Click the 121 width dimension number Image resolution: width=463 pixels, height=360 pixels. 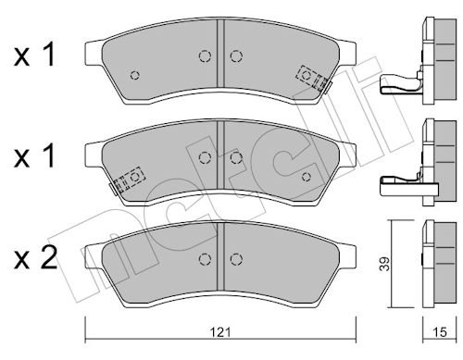click(220, 332)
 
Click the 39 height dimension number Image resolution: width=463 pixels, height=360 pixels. click(384, 264)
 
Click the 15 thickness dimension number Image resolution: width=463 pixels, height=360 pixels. click(440, 332)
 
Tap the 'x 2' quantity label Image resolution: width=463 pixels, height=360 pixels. click(35, 259)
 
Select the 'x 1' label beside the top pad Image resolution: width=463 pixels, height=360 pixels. click(34, 56)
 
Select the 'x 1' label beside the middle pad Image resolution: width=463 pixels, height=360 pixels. click(34, 156)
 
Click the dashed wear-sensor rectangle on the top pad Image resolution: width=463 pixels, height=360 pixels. click(311, 77)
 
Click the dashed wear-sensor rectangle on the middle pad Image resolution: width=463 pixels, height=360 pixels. click(129, 180)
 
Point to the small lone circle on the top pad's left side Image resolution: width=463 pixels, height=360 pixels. click(135, 75)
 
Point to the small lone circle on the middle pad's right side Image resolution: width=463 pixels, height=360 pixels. click(307, 177)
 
